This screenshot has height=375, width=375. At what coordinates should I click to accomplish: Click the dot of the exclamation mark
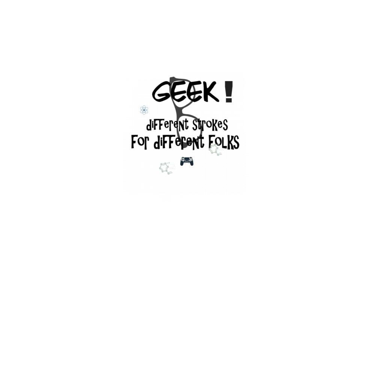point(229,100)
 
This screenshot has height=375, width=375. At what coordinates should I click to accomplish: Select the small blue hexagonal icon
point(143,110)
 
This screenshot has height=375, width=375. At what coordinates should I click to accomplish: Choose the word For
point(141,142)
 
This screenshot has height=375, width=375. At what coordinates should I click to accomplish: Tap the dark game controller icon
point(187,161)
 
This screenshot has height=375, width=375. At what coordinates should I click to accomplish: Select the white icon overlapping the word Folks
point(216,150)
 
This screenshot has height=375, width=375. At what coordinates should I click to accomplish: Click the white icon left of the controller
point(167,168)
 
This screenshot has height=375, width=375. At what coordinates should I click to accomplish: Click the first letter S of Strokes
point(195,124)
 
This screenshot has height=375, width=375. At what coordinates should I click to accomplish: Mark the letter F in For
point(134,142)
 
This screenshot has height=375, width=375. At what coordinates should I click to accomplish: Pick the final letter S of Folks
point(235,142)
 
